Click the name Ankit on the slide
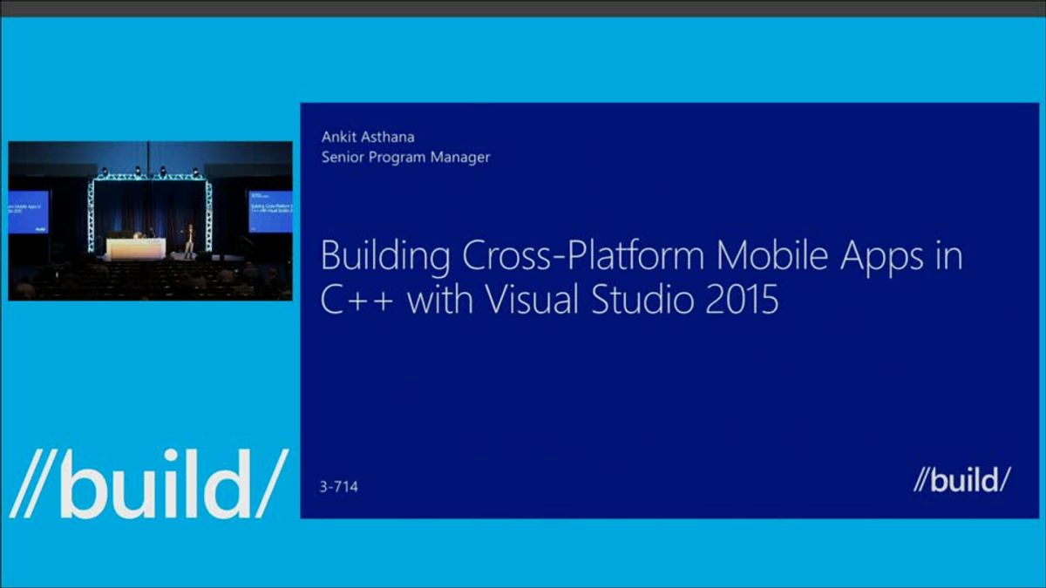pyautogui.click(x=338, y=137)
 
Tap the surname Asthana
pyautogui.click(x=392, y=137)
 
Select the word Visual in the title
pyautogui.click(x=521, y=301)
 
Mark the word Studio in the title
pyautogui.click(x=642, y=301)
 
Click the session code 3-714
pyautogui.click(x=340, y=486)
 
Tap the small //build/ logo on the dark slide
pyautogui.click(x=961, y=479)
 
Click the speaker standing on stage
pyautogui.click(x=189, y=240)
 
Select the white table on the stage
pyautogui.click(x=135, y=249)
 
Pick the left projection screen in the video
pyautogui.click(x=28, y=212)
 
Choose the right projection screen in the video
pyautogui.click(x=269, y=212)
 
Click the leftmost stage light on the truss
pyautogui.click(x=98, y=172)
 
